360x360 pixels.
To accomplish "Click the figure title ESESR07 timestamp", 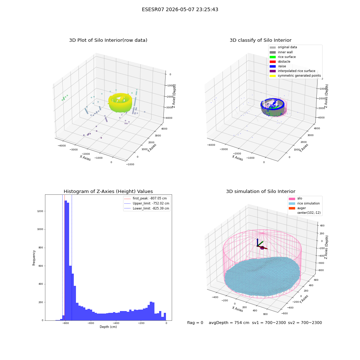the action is pos(180,9).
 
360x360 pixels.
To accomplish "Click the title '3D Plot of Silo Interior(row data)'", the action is pos(108,40).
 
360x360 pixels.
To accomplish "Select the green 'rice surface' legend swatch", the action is pos(273,57).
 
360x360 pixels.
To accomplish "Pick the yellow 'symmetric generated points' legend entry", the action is pos(295,76).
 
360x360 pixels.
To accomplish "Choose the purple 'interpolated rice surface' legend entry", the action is pos(292,71).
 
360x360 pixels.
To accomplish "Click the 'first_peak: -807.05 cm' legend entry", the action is pos(145,198).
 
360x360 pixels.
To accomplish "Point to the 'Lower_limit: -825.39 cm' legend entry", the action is pos(147,208).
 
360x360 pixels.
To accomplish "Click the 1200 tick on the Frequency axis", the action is pos(40,211).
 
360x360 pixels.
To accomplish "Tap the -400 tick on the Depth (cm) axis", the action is pos(116,323).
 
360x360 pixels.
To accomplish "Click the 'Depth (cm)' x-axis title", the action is pos(108,327).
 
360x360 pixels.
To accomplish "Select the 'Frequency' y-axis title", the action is pos(34,258).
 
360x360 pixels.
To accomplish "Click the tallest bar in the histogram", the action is pos(66,260).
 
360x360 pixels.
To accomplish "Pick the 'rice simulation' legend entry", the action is pos(304,203).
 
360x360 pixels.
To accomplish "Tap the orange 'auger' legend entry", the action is pos(297,208).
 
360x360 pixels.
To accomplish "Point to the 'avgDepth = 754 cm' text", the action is pos(229,323).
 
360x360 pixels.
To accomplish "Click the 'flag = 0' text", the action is pos(195,323).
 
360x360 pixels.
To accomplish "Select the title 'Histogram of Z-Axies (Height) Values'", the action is pos(108,192).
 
